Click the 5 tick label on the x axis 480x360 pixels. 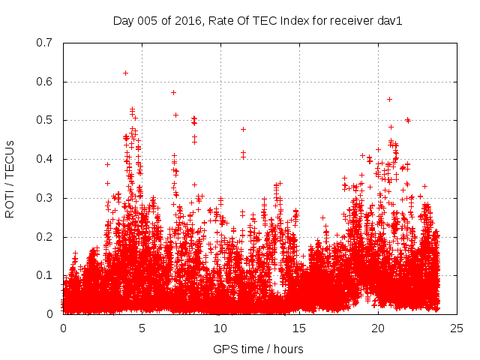pos(142,329)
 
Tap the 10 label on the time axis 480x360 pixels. pos(220,329)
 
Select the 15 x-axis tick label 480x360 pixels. pos(299,329)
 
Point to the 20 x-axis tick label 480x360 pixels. pos(378,329)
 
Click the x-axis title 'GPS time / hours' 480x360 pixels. pos(258,349)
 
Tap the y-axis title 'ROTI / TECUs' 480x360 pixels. pos(10,178)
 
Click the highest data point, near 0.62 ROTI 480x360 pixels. pos(125,73)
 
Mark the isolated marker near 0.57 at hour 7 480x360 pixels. pos(173,92)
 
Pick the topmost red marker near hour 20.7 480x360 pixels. pos(389,99)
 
